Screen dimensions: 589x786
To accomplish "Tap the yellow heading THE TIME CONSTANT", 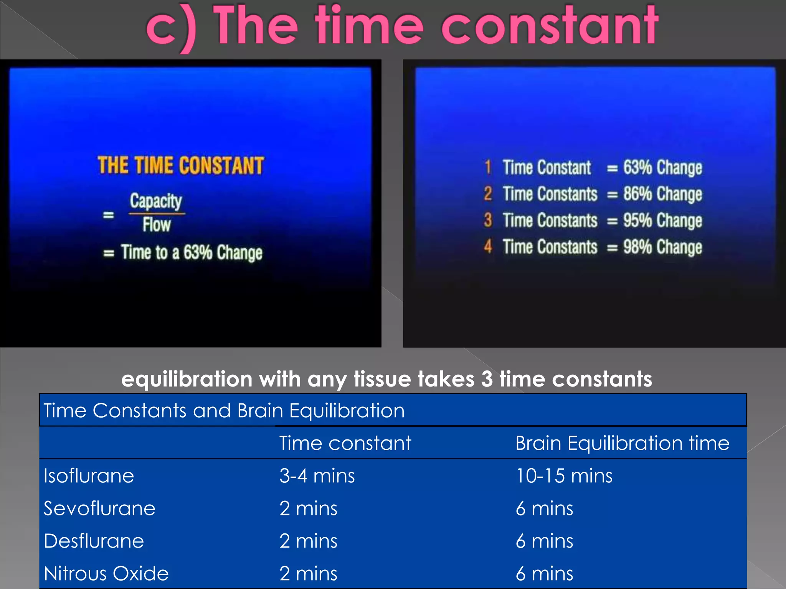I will [181, 166].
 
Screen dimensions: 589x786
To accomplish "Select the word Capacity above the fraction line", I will [156, 201].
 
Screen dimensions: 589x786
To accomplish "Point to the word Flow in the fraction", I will [157, 225].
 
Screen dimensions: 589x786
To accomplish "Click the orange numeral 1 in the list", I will [488, 167].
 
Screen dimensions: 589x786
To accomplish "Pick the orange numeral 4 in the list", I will [488, 247].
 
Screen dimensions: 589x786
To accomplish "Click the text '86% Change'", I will [662, 194].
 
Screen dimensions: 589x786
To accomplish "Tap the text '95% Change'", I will [662, 220].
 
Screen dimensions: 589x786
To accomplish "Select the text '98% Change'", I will [662, 247].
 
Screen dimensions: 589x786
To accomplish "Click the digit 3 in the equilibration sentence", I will [487, 379].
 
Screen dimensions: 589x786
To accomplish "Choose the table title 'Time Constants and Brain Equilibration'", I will [224, 410].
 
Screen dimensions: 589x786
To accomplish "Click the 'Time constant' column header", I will [345, 443].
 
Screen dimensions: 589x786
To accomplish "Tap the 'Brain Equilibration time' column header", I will [622, 443].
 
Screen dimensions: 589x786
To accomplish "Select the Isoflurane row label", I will [89, 476].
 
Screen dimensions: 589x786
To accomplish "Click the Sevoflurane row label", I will [99, 508].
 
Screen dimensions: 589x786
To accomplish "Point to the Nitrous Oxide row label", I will [106, 574].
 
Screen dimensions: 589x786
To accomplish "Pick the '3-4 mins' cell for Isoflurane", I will [317, 476].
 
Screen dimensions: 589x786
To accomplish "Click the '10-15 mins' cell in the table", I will [564, 476].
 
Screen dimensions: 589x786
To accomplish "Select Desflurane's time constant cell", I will [308, 541].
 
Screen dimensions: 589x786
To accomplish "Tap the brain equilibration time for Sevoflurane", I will [544, 508].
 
